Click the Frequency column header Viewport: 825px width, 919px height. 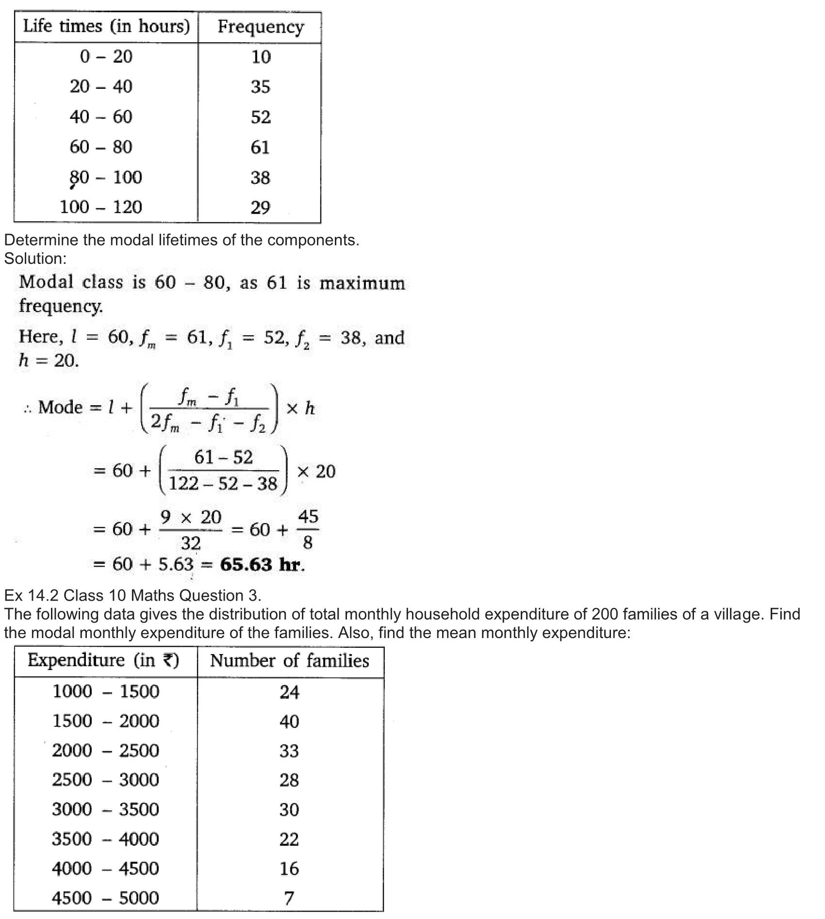261,27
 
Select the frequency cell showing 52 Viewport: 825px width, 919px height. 261,117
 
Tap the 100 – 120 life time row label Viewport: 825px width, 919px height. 101,207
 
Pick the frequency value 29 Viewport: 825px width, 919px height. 260,208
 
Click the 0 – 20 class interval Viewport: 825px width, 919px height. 106,57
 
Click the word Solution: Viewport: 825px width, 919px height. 35,259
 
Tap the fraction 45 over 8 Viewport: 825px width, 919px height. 308,529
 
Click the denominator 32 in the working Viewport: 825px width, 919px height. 190,543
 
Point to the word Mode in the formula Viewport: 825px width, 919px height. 60,407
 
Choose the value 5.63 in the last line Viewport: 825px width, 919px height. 176,564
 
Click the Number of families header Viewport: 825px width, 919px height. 290,661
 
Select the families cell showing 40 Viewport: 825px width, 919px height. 289,722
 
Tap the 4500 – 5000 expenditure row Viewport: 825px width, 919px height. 105,898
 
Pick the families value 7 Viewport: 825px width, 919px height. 289,899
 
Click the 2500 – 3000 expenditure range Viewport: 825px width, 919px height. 105,780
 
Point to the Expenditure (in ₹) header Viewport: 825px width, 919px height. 103,660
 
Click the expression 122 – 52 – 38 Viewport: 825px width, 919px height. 223,484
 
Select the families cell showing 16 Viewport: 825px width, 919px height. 289,869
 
